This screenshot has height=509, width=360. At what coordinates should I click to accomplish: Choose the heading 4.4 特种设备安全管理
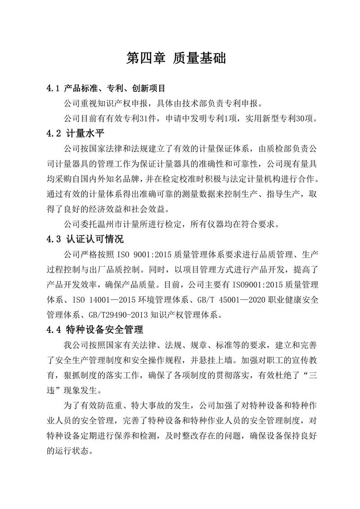[94, 330]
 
